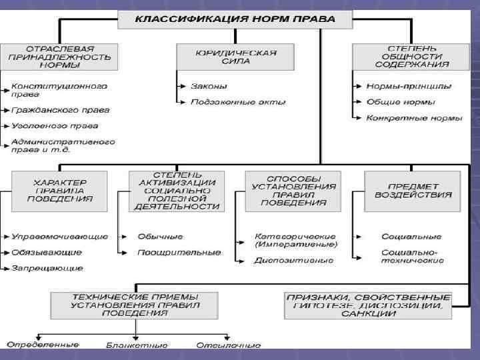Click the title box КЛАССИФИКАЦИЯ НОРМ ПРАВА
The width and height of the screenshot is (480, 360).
(235, 19)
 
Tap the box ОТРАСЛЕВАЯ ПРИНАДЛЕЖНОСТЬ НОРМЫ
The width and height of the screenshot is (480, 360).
(59, 57)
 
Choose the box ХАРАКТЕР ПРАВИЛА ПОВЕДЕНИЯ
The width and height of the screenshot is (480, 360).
(59, 190)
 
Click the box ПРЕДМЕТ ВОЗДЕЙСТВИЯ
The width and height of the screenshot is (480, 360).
(413, 190)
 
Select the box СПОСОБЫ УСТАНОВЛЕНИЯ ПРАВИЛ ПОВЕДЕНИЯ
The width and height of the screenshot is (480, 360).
(293, 191)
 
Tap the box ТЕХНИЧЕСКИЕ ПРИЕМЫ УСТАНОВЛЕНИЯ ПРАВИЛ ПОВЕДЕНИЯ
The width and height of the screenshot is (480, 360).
(135, 304)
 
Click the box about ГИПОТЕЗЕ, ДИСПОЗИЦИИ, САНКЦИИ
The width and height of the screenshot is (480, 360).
(368, 304)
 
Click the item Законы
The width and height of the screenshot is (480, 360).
(209, 86)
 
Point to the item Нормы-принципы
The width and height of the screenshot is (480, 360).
(409, 86)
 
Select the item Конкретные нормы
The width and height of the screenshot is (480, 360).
(414, 118)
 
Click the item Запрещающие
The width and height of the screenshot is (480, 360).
(47, 268)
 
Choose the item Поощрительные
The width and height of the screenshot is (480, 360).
(179, 253)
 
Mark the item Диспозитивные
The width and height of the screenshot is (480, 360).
(293, 260)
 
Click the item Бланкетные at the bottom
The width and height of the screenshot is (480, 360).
(137, 346)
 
